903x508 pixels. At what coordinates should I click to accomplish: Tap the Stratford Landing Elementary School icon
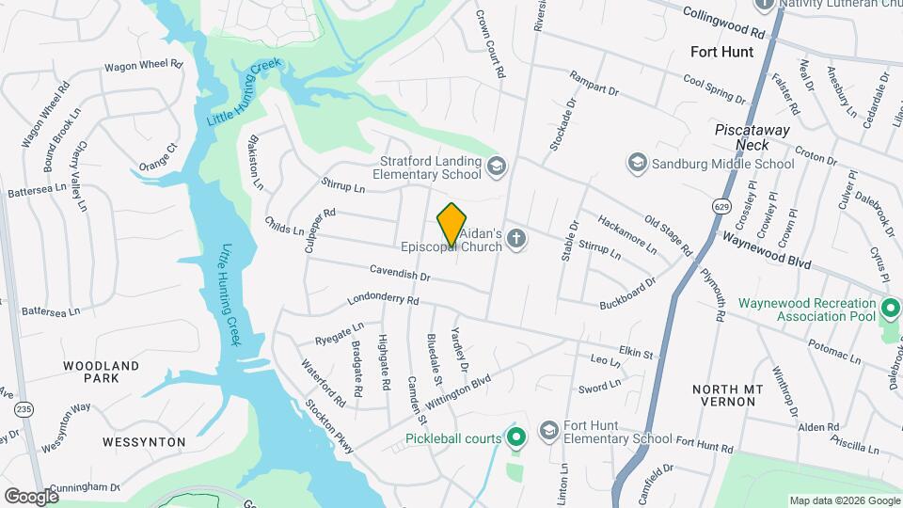pos(497,167)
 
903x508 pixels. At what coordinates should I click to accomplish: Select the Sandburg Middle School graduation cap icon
pos(638,164)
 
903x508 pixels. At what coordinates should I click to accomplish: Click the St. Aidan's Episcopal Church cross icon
pos(515,240)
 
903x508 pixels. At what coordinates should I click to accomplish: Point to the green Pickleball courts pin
pos(515,437)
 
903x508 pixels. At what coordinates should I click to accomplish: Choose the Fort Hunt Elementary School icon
pos(547,431)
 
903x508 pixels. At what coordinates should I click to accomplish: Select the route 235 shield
pos(23,409)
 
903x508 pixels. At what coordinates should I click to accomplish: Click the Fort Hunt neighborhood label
pos(721,52)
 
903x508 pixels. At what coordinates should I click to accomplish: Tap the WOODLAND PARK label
pos(101,372)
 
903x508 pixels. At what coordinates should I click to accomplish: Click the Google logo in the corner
pos(31,496)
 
